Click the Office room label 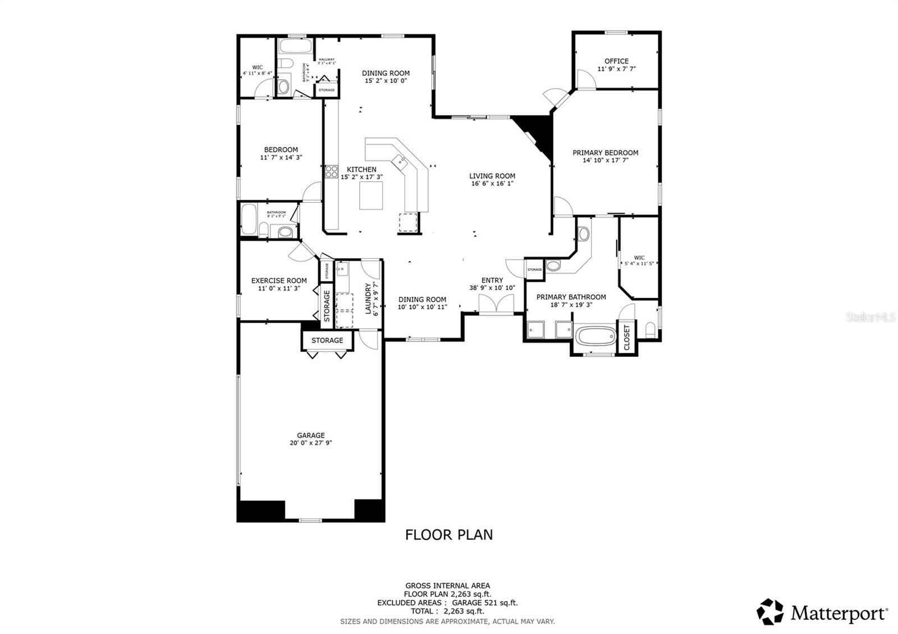(x=616, y=61)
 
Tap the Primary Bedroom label (x=605, y=153)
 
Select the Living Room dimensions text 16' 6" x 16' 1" (x=492, y=183)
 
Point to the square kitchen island (x=371, y=196)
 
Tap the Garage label (x=311, y=435)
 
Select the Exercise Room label (x=279, y=281)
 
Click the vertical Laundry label (x=369, y=298)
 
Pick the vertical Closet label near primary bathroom (x=627, y=337)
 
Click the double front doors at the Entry (x=496, y=305)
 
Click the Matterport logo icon (x=770, y=612)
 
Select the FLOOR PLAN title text (x=449, y=535)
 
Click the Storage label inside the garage (x=327, y=341)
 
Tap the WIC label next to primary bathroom (x=639, y=258)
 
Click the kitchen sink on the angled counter (x=401, y=162)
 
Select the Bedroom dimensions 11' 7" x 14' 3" (x=281, y=158)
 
